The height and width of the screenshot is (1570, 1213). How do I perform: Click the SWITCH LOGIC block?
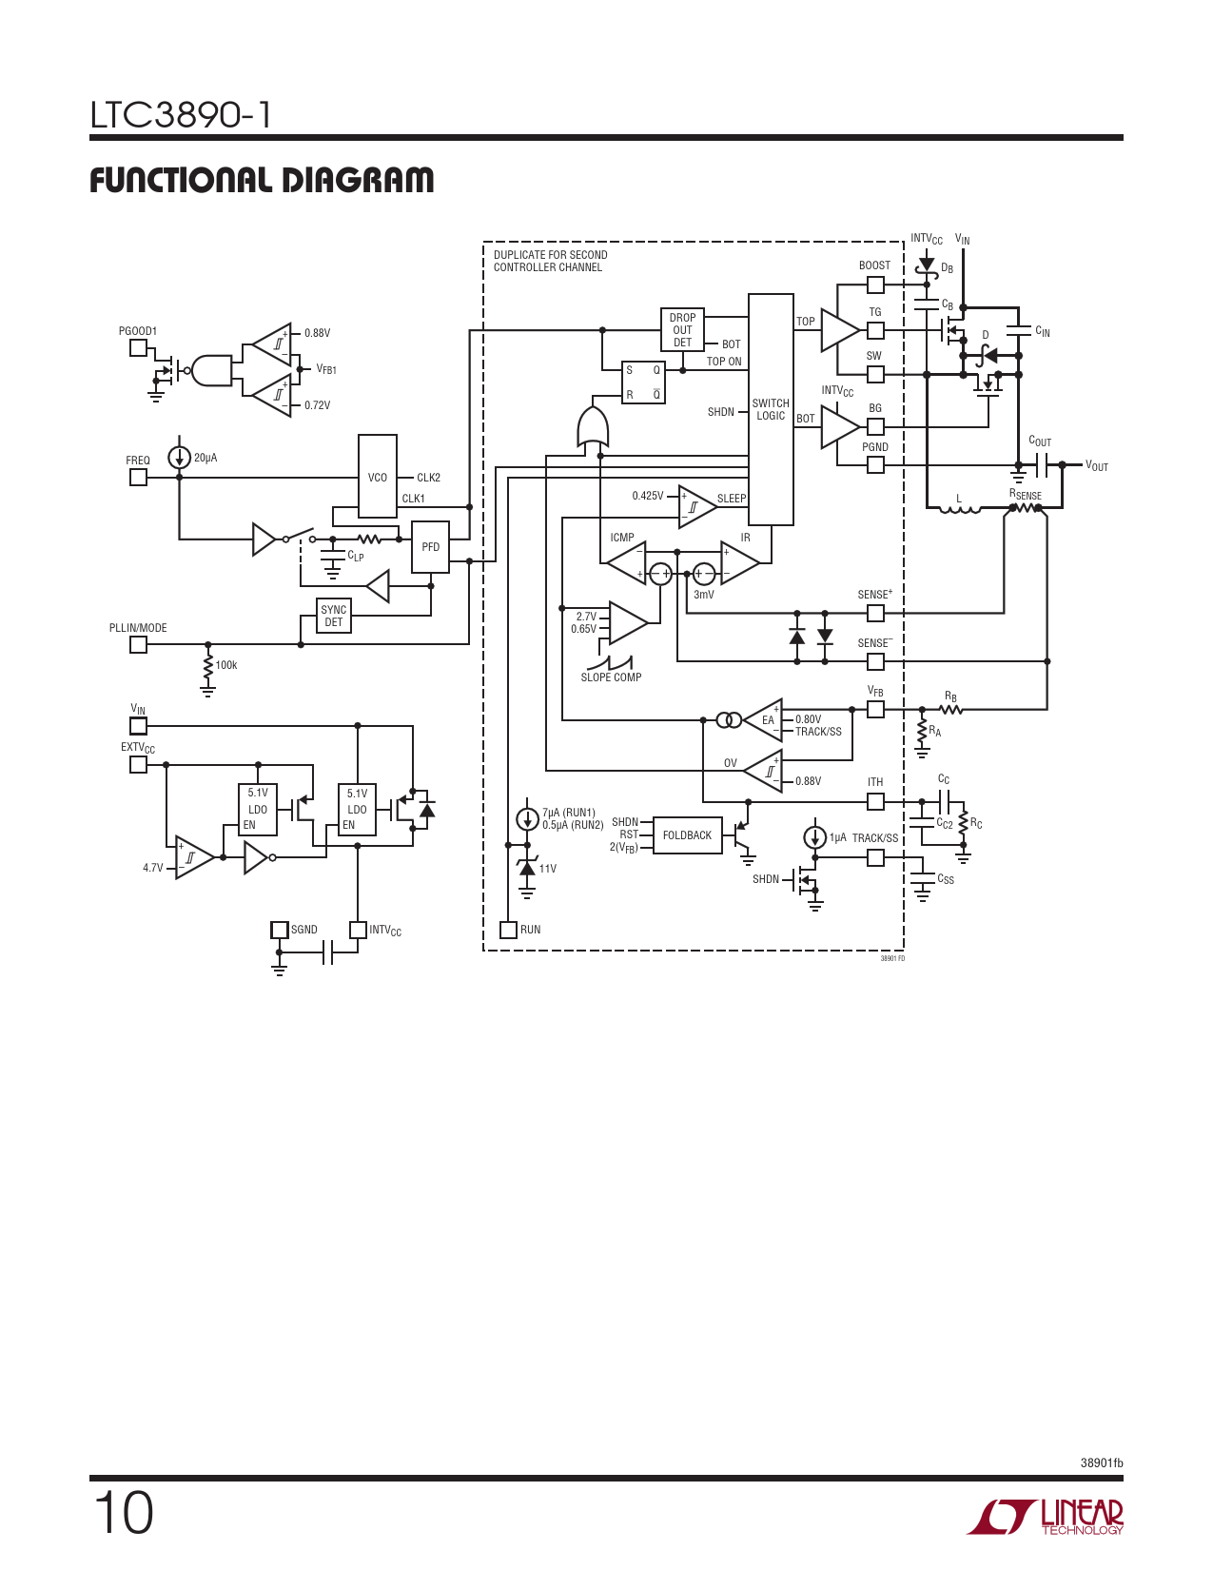click(x=770, y=409)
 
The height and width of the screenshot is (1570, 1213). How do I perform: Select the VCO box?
click(x=377, y=476)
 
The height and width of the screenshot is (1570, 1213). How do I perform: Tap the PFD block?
click(x=431, y=547)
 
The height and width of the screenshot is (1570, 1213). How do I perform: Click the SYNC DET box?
click(x=334, y=616)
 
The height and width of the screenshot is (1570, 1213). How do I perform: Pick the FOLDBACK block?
click(x=687, y=835)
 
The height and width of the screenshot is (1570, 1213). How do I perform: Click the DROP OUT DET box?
click(x=682, y=329)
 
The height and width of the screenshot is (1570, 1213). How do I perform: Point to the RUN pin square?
click(x=508, y=930)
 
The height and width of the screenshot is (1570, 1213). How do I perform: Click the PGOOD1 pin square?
click(x=138, y=348)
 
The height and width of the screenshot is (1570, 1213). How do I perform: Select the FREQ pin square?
click(x=138, y=478)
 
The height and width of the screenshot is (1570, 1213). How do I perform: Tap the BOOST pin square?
click(x=875, y=285)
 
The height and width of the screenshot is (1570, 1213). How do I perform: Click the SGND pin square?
click(x=279, y=930)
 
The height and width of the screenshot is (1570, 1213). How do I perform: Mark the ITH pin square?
click(x=875, y=801)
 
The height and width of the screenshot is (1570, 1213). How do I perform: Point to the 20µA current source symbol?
click(x=179, y=458)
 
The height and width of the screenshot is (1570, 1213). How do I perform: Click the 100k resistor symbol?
click(x=208, y=668)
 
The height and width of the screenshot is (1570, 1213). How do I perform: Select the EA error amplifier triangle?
click(x=764, y=719)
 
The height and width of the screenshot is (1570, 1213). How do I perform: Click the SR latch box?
click(x=643, y=383)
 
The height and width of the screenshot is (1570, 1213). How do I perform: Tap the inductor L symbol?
click(x=959, y=510)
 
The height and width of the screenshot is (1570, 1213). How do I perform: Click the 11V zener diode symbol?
click(x=527, y=868)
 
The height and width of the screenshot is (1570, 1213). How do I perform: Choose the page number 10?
click(x=123, y=1514)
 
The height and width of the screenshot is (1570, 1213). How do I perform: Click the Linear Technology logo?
click(x=1045, y=1516)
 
